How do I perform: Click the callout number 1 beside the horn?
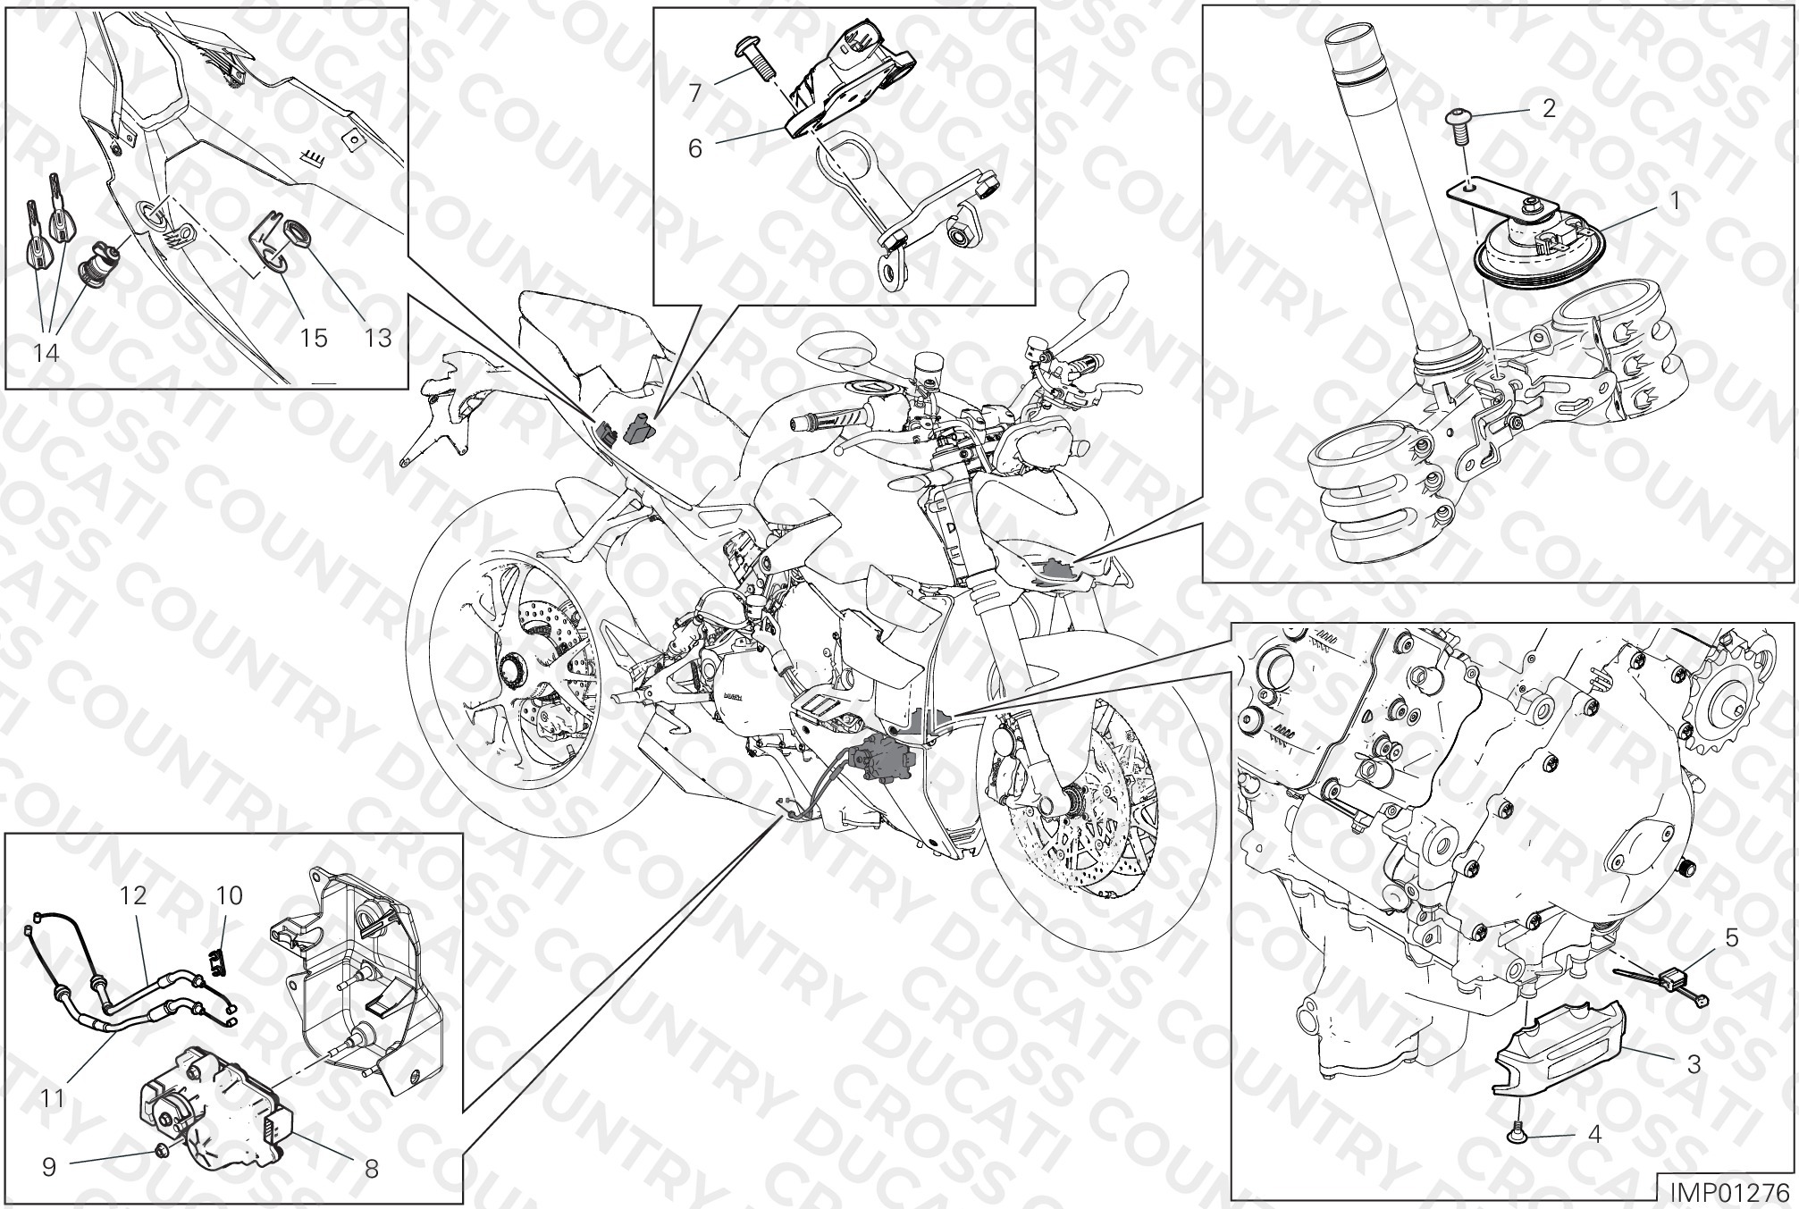pyautogui.click(x=1675, y=200)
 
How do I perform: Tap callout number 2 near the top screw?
pyautogui.click(x=1550, y=108)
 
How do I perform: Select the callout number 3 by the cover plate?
pyautogui.click(x=1694, y=1064)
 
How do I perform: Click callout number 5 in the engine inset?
pyautogui.click(x=1731, y=937)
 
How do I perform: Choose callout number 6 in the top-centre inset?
pyautogui.click(x=695, y=148)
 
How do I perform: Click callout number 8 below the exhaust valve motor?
pyautogui.click(x=372, y=1168)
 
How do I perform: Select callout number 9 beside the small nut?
pyautogui.click(x=49, y=1166)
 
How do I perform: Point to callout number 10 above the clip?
pyautogui.click(x=230, y=894)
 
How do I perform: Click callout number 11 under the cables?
pyautogui.click(x=53, y=1096)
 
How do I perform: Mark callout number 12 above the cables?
pyautogui.click(x=133, y=894)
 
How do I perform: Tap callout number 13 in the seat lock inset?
pyautogui.click(x=378, y=338)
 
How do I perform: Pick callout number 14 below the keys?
pyautogui.click(x=46, y=353)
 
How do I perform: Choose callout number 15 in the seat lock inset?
pyautogui.click(x=313, y=338)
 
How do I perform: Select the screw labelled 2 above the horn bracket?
pyautogui.click(x=1459, y=124)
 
